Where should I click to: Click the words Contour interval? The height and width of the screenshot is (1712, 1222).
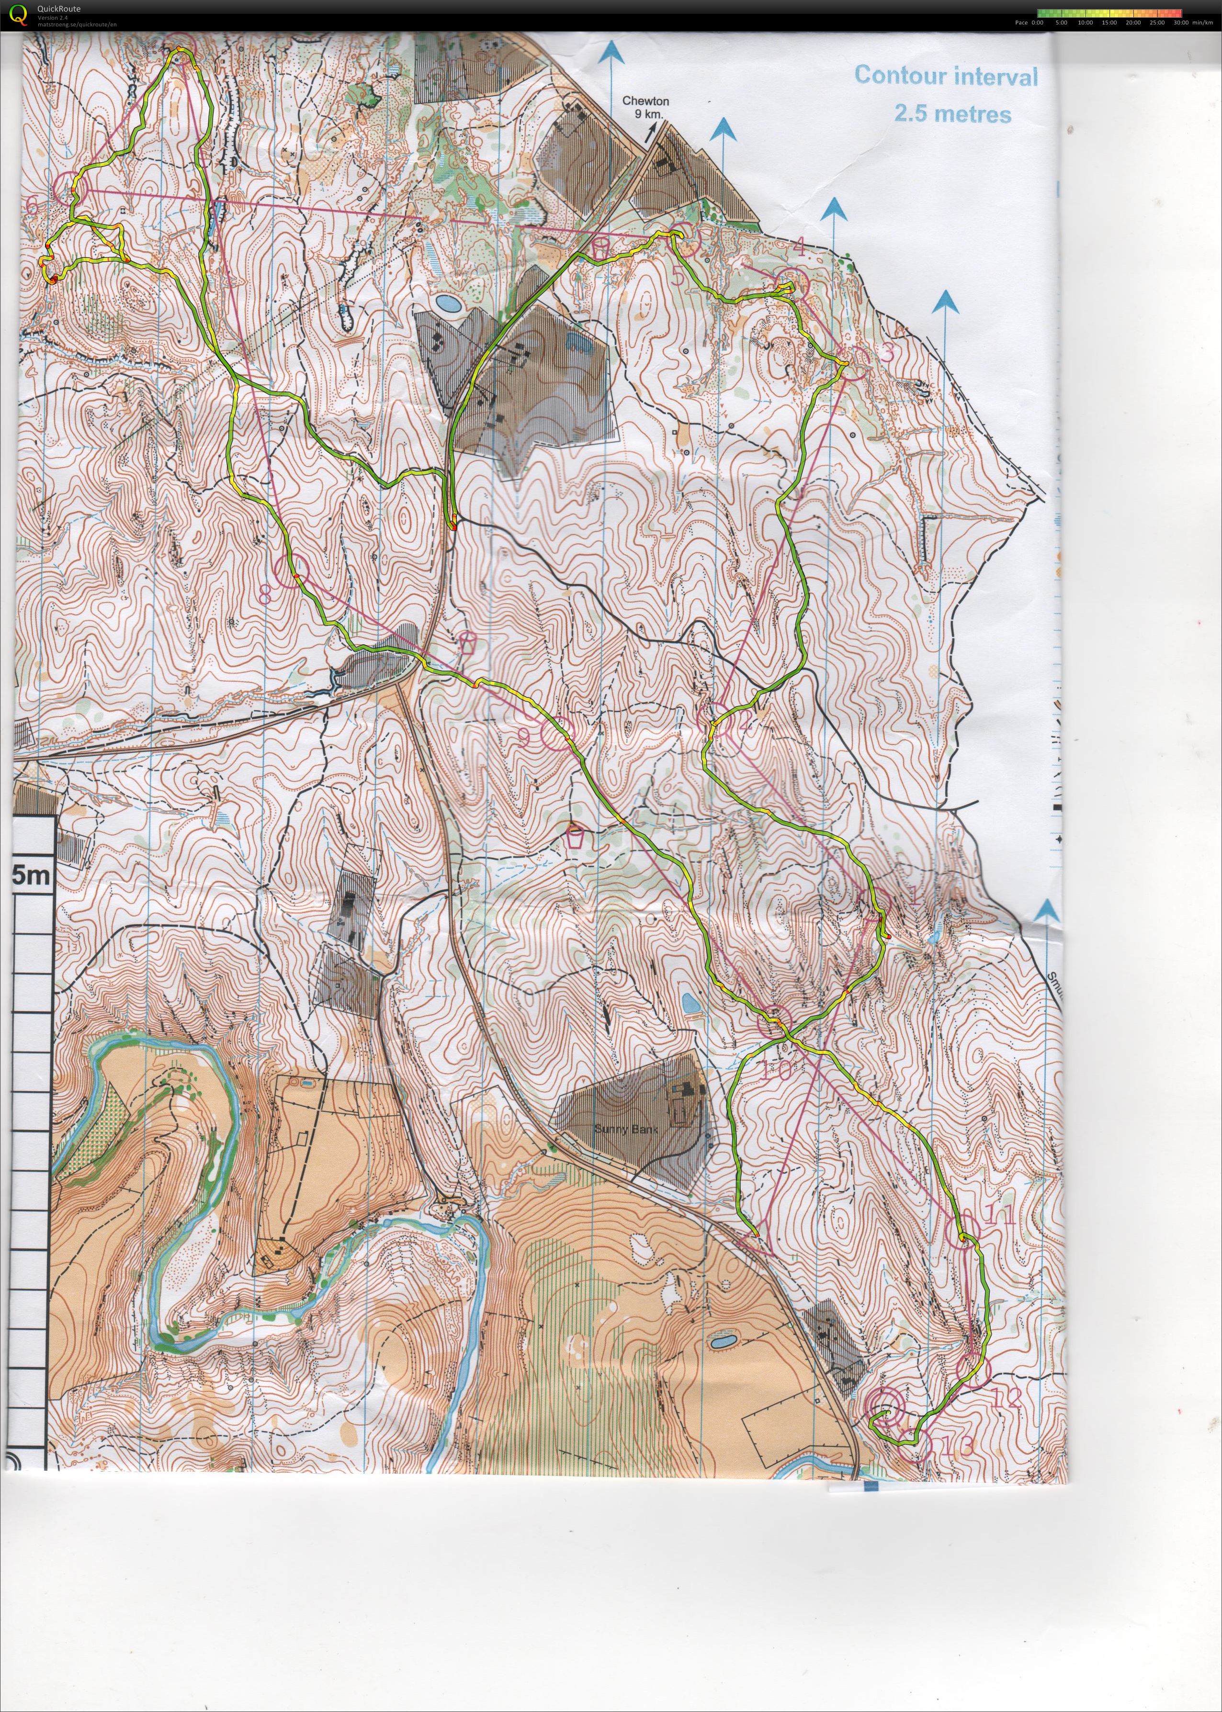tap(945, 76)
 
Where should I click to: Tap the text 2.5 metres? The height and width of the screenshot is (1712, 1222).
tap(952, 113)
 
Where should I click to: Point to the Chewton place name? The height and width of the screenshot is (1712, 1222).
tap(645, 101)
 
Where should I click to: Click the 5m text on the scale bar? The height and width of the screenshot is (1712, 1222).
tap(32, 875)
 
